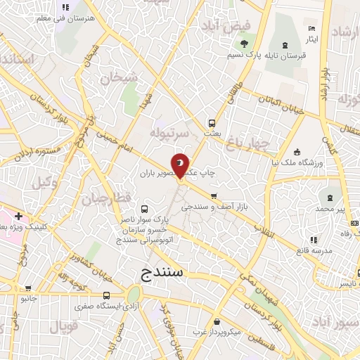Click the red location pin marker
(181, 165)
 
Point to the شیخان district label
(119, 79)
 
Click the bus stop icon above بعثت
(212, 121)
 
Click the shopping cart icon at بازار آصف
(214, 196)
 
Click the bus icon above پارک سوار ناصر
(145, 209)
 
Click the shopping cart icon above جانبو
(27, 288)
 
